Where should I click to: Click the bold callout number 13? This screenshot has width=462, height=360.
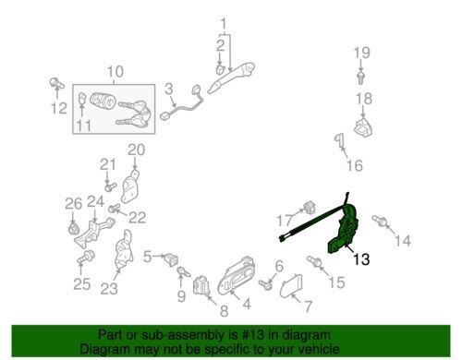361,259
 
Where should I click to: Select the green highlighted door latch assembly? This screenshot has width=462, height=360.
344,231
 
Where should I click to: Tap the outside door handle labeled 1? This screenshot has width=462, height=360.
232,77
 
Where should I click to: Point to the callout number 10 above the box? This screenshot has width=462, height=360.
115,71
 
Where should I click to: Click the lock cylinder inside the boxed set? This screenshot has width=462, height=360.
103,100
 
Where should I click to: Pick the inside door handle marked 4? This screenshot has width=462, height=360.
236,275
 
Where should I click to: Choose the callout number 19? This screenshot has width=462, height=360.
361,53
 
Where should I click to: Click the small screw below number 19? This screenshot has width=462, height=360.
360,78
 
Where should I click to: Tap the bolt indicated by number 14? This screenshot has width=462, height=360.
380,221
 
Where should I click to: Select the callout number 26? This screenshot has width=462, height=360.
74,204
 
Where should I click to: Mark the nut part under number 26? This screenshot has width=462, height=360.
73,229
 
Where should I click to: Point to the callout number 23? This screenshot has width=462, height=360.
109,289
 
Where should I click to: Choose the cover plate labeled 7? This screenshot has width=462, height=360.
291,285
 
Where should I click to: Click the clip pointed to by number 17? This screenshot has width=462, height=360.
310,208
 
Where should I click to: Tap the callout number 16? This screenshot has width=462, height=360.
355,166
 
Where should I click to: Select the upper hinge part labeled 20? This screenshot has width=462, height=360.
130,186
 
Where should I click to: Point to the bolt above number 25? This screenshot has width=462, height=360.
86,257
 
